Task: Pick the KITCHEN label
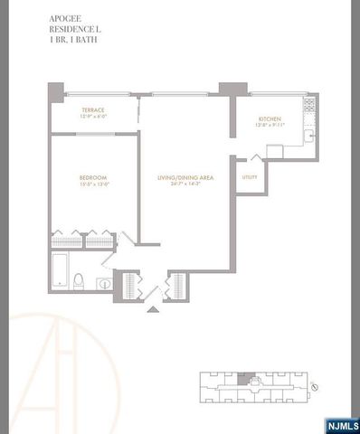[268, 119]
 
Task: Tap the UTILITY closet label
[250, 177]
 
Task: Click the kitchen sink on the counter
[308, 136]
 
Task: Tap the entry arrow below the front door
[152, 309]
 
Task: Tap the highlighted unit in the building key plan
[240, 379]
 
